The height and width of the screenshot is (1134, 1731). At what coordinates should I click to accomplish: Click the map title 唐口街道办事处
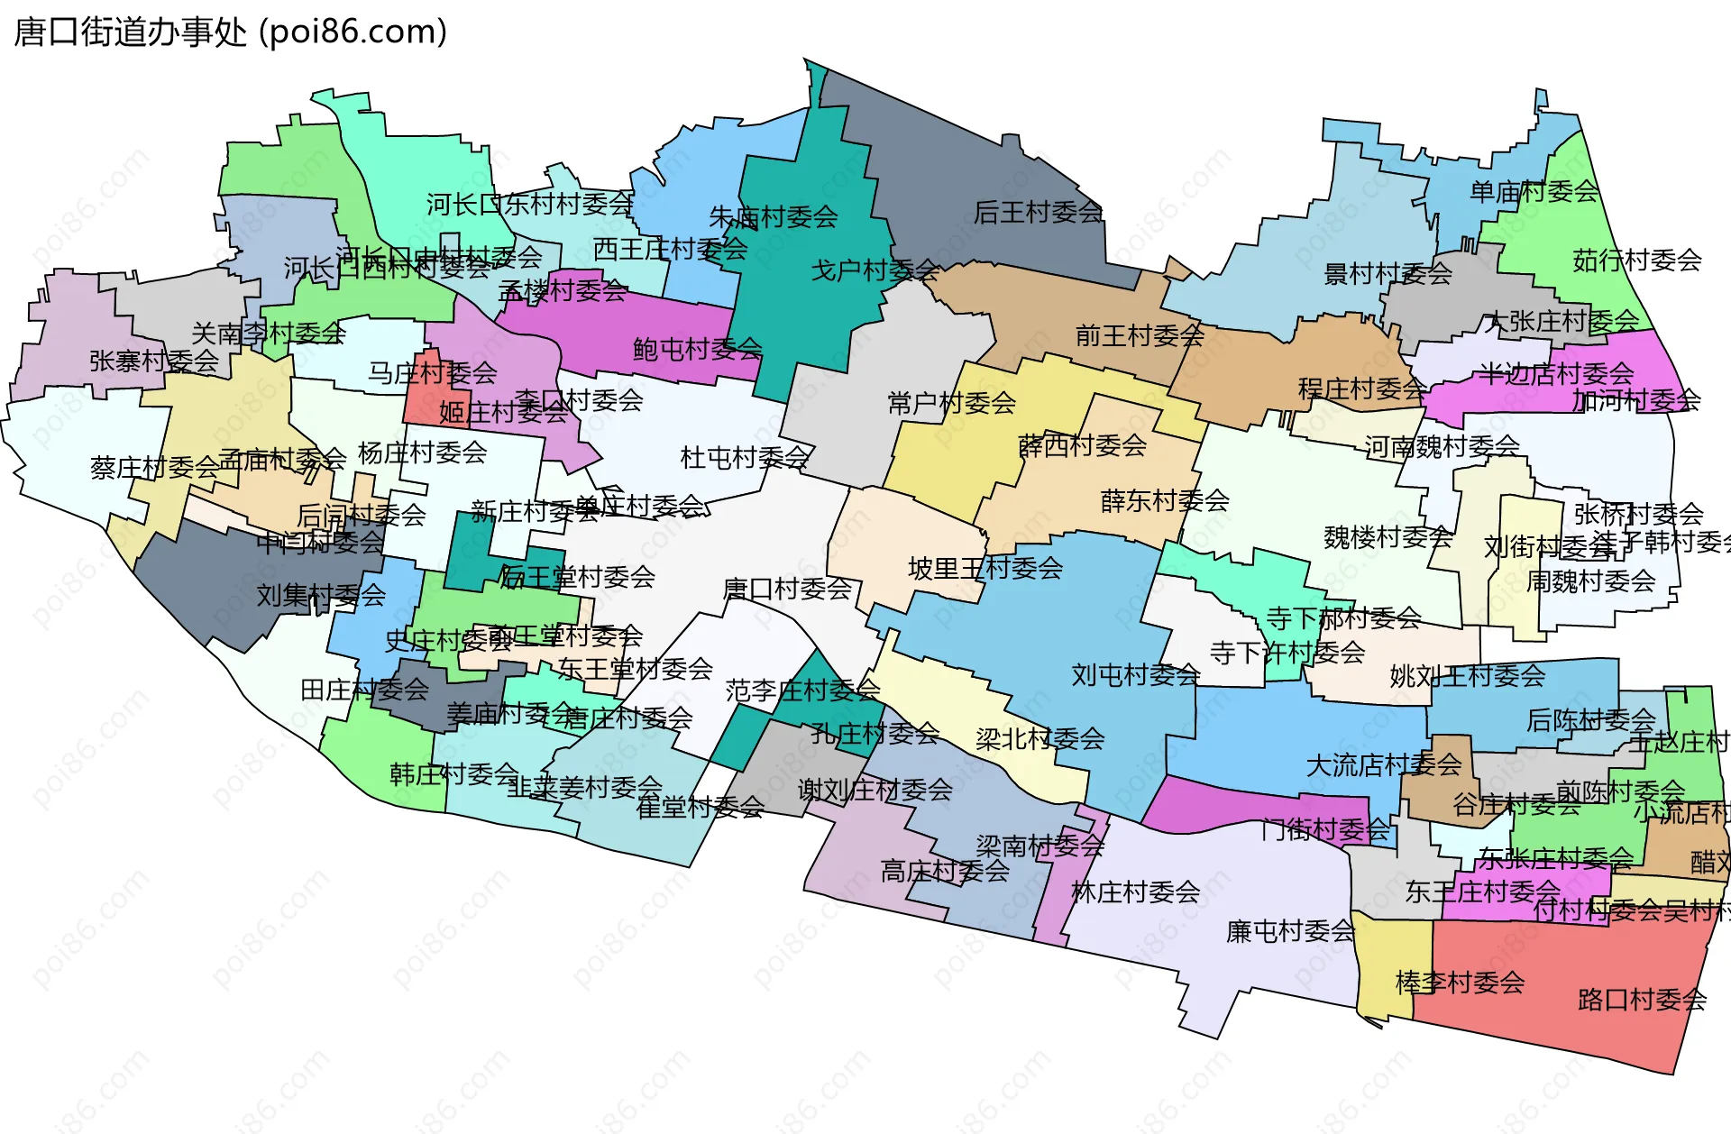(131, 32)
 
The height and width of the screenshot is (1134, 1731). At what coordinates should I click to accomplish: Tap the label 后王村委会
(1038, 212)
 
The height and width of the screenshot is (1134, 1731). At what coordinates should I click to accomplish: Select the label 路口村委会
(1642, 1000)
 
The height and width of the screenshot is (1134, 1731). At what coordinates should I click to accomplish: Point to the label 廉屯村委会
(1290, 931)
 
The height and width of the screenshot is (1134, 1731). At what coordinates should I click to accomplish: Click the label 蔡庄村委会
(154, 467)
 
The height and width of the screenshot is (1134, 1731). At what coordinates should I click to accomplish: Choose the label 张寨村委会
(153, 361)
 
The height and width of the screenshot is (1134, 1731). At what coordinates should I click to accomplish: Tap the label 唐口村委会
(787, 589)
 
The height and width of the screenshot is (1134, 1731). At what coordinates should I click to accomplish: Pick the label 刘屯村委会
(1135, 674)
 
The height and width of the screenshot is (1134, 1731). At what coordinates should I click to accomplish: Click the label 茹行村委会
(1636, 261)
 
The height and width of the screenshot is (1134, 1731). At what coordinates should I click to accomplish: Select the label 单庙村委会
(1534, 191)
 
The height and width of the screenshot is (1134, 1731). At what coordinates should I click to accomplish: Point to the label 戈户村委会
(875, 270)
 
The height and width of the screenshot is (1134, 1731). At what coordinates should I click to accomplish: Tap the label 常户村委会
(951, 402)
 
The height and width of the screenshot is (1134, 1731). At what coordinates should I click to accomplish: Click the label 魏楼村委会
(1388, 537)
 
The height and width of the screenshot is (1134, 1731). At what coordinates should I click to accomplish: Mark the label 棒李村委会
(1460, 982)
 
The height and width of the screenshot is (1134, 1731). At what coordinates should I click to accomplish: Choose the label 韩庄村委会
(453, 773)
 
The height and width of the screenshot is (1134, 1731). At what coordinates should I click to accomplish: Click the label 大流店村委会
(1383, 765)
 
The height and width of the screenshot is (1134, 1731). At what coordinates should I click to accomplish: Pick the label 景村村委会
(1388, 272)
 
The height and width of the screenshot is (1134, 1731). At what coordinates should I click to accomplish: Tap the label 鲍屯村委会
(697, 349)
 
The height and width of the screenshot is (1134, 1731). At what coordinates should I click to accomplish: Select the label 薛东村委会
(1165, 500)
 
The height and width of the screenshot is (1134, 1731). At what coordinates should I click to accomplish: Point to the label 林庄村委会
(1135, 892)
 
